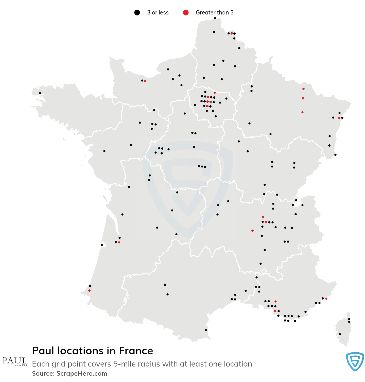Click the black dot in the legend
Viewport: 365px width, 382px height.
pos(137,13)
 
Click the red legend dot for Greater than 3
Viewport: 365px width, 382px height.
pos(186,13)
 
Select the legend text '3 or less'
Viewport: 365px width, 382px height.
pos(158,13)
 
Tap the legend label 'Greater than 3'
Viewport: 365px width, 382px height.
pos(215,13)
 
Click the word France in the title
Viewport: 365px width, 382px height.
pos(136,351)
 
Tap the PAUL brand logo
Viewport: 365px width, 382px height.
pos(15,361)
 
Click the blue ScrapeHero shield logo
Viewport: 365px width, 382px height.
pos(355,361)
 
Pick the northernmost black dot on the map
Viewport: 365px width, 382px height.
pos(215,18)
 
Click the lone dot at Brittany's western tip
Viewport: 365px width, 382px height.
pos(40,93)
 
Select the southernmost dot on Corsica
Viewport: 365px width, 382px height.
pos(340,334)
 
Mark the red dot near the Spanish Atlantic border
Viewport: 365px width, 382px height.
pos(89,290)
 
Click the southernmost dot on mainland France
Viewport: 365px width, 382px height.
pos(206,330)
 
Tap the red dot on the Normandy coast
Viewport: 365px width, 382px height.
pos(145,81)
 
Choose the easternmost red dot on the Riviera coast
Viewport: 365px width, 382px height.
pos(326,299)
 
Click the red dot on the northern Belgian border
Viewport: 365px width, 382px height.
pos(232,33)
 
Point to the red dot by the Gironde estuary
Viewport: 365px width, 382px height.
pos(119,242)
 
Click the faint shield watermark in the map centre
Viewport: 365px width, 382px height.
pos(187,188)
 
